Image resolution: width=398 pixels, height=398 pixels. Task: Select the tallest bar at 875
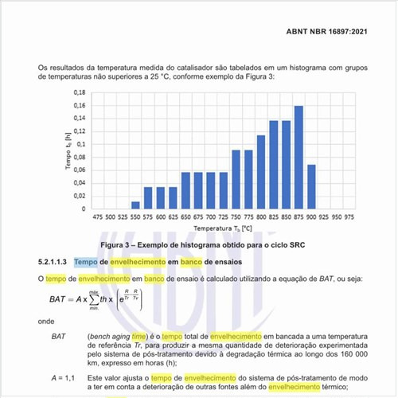pos(298,158)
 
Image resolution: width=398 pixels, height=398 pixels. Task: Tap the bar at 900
pos(311,187)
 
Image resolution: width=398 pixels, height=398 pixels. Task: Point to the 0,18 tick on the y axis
pos(78,93)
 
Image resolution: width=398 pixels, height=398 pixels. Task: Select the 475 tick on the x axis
pos(98,217)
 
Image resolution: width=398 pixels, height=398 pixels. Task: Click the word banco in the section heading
pos(183,261)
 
